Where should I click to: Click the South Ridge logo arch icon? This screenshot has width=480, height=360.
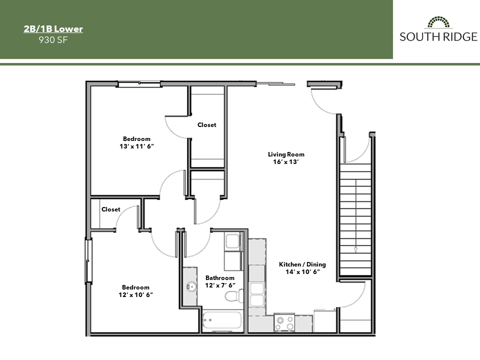[438, 22]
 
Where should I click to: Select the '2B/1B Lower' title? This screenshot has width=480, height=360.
[53, 29]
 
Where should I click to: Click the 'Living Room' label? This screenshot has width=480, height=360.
[286, 154]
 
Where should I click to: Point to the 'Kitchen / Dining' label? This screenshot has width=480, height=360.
[302, 264]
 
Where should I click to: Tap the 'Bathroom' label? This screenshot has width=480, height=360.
[220, 278]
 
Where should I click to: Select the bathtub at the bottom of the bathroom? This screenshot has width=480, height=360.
[222, 320]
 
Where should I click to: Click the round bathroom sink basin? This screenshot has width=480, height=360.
[190, 287]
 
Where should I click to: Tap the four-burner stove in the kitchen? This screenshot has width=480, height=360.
[285, 322]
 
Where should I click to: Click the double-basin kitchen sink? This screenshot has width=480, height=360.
[257, 294]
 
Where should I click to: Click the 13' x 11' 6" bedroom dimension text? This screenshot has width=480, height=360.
[136, 146]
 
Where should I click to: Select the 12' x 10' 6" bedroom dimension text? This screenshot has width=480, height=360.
[135, 295]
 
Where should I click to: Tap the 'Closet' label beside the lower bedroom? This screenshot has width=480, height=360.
[111, 209]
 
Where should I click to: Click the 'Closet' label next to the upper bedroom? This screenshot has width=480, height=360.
[206, 125]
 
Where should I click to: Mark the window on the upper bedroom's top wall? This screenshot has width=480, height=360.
[139, 84]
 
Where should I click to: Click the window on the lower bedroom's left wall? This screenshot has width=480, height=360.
[88, 260]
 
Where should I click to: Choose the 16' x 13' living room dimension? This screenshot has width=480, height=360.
[286, 162]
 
